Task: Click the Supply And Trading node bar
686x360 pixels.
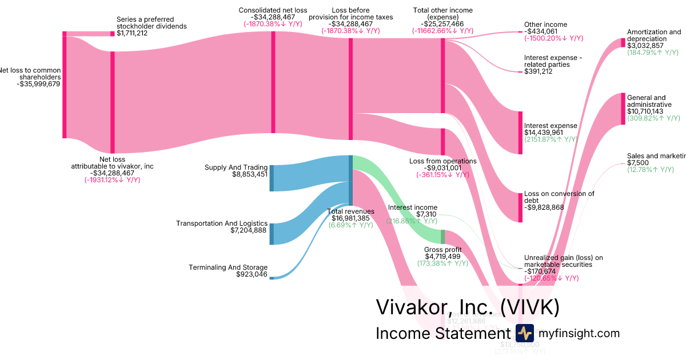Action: pos(272,178)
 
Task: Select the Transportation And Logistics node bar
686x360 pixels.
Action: pos(272,234)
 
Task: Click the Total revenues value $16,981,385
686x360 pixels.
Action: pos(350,218)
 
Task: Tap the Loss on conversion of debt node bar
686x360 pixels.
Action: pos(520,207)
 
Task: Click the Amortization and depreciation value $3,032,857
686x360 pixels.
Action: pos(645,46)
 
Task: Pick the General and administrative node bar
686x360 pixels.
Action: pos(623,109)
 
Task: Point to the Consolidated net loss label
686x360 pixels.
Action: pos(273,10)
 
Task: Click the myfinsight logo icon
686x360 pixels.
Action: pos(524,333)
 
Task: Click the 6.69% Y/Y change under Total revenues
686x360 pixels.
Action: pos(351,225)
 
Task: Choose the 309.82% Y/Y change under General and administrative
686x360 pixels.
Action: pos(653,118)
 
